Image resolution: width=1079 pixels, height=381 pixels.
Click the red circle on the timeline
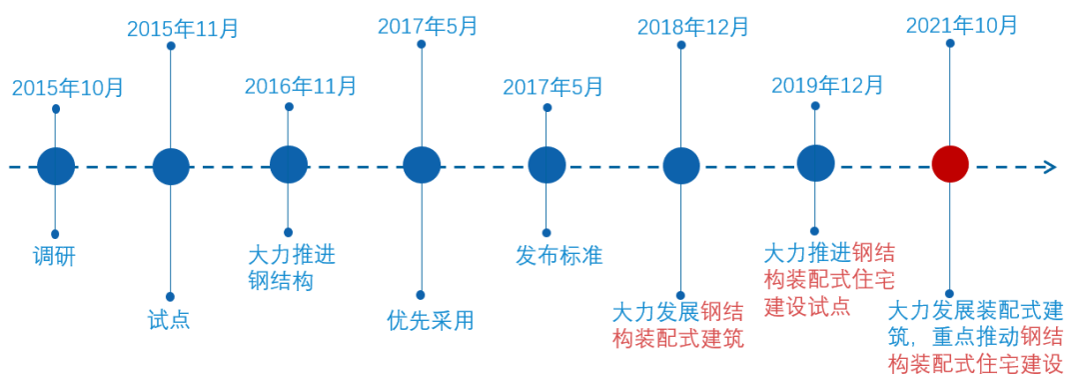point(950,165)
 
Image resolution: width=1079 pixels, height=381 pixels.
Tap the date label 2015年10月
point(68,88)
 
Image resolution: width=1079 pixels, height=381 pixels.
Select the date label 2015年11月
point(183,29)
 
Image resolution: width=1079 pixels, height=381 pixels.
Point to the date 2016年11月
point(301,87)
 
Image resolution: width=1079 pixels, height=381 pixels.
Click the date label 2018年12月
point(692,28)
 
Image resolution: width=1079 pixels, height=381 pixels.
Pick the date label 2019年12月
point(827,86)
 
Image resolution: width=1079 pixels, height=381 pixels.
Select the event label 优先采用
point(430,320)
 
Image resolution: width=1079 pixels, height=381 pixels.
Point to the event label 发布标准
point(558,255)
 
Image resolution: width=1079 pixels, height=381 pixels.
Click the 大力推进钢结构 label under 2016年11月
point(291,267)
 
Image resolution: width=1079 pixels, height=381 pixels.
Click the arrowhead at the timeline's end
point(1049,166)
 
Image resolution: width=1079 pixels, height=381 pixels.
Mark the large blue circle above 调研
point(56,166)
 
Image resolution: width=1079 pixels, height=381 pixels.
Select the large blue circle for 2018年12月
point(681,166)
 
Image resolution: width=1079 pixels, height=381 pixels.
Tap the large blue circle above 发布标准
point(546,165)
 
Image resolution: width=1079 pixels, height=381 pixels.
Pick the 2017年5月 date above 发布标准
point(552,87)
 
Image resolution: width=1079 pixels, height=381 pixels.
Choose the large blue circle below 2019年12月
point(815,163)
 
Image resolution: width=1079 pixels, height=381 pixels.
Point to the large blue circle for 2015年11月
point(171,166)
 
